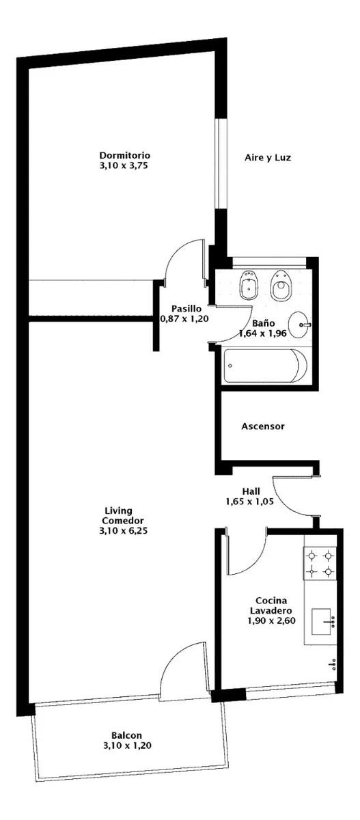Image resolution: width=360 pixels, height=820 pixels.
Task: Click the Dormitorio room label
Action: click(x=125, y=155)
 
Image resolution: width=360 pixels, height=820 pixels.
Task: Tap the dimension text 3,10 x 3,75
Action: click(x=123, y=165)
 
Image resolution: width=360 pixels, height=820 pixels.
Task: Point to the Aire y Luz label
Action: click(x=268, y=158)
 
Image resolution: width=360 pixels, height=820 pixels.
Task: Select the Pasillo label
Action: click(x=186, y=309)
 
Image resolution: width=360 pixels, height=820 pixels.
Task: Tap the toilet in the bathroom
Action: click(x=281, y=285)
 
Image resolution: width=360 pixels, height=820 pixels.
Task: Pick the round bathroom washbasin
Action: click(x=299, y=325)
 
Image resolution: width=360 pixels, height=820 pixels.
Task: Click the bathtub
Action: click(x=266, y=366)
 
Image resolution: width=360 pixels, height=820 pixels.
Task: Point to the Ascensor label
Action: click(x=263, y=426)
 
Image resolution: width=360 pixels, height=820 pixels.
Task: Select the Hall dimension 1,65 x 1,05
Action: click(x=250, y=502)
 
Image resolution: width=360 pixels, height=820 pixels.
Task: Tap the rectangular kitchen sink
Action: click(x=321, y=622)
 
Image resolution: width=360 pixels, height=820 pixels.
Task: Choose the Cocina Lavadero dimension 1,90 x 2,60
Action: click(x=271, y=620)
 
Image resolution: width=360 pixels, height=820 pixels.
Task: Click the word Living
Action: click(x=119, y=510)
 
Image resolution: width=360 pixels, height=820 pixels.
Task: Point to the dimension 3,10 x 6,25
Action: click(x=123, y=530)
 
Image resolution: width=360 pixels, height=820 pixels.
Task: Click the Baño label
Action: click(x=264, y=323)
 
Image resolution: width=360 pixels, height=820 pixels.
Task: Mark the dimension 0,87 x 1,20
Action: click(x=184, y=319)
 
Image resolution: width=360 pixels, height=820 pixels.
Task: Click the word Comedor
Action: click(x=123, y=521)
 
